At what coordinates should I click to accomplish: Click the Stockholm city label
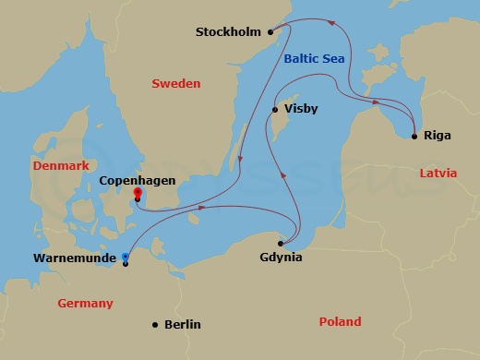point(229,32)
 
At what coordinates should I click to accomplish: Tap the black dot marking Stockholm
point(271,32)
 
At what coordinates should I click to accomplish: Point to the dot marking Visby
point(274,110)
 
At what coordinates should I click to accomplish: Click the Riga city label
point(438,137)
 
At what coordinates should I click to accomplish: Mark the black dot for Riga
point(414,137)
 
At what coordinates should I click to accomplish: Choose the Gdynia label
point(282,258)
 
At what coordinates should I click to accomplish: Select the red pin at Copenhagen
point(138,194)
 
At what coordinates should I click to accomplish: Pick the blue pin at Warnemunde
point(126,258)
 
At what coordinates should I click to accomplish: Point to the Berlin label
point(182,325)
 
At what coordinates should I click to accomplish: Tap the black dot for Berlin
point(156,324)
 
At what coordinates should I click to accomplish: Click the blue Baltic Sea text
point(316,59)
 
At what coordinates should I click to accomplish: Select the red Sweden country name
point(174,84)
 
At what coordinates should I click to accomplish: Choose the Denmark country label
point(59,165)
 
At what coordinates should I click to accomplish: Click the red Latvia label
point(438,173)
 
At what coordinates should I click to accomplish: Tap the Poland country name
point(340,322)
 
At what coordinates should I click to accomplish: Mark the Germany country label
point(85,303)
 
